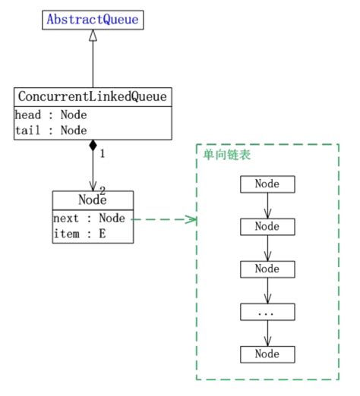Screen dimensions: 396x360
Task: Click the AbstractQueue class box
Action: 93,19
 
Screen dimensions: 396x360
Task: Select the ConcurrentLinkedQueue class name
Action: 93,97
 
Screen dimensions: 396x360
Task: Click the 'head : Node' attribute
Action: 51,115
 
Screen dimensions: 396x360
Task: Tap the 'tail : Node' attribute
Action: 51,130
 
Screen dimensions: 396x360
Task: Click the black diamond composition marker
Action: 93,145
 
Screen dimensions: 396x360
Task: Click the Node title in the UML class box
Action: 93,200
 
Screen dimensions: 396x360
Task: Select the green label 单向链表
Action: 226,154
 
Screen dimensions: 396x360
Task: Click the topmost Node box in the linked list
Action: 267,184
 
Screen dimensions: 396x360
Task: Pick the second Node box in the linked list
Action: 267,226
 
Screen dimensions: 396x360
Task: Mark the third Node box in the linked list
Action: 267,269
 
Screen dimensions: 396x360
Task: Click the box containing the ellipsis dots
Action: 267,311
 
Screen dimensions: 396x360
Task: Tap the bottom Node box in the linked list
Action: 267,354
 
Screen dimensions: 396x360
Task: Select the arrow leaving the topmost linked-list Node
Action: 267,205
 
